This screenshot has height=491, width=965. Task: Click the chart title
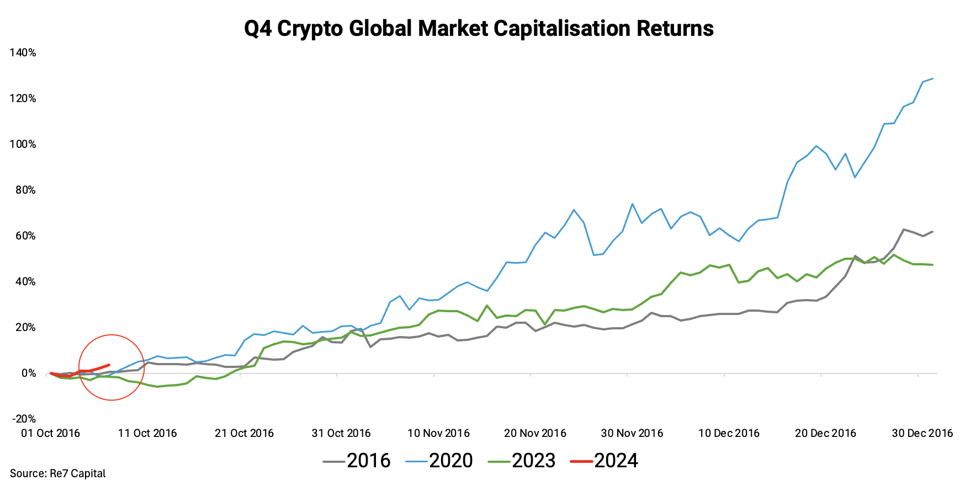479,28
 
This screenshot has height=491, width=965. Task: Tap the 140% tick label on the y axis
23,52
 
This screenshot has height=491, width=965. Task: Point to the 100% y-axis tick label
23,144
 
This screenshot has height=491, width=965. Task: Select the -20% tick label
24,419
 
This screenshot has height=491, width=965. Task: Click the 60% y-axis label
25,236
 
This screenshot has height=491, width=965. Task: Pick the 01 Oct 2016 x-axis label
50,433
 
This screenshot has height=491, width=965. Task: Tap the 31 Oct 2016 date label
341,433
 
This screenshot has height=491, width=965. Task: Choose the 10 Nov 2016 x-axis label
438,433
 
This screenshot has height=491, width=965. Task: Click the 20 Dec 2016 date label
825,433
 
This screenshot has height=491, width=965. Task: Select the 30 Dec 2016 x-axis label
922,433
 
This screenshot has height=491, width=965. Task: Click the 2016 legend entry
357,460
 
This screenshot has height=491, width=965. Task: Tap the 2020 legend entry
439,460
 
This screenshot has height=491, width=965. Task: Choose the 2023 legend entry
522,460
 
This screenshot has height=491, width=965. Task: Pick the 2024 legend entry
605,460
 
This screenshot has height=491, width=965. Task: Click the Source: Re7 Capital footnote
57,473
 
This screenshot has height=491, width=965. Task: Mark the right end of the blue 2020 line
932,78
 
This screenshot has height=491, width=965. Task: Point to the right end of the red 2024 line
109,365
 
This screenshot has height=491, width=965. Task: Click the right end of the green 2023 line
932,265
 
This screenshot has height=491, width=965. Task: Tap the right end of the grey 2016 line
932,232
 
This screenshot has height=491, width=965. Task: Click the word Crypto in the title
310,28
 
